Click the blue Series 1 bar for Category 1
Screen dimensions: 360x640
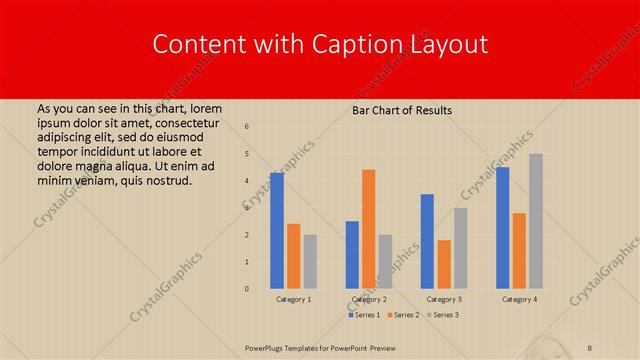tap(277, 231)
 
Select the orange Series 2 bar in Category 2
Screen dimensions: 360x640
tap(369, 229)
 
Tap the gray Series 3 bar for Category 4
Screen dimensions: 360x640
tap(536, 221)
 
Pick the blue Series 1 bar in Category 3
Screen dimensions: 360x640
tap(427, 241)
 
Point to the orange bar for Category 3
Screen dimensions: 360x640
tap(444, 264)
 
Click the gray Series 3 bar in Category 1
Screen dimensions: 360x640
tap(310, 262)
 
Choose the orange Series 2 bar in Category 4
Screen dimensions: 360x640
tap(519, 251)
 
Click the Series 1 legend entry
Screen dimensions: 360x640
tap(363, 315)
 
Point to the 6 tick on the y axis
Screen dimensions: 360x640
tap(247, 127)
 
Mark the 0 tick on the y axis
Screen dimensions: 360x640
tap(247, 289)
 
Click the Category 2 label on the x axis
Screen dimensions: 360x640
tap(369, 299)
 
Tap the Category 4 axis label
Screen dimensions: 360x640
tap(519, 299)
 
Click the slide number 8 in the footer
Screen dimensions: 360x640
tap(590, 347)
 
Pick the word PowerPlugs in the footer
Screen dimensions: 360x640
tap(269, 347)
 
